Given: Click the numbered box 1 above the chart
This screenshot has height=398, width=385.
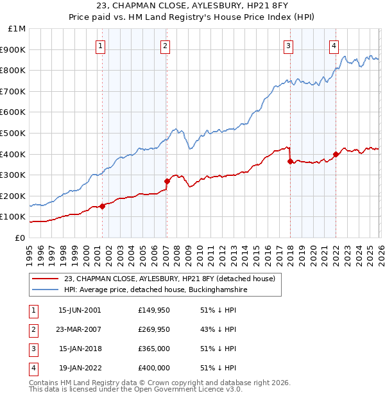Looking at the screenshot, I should (101, 46).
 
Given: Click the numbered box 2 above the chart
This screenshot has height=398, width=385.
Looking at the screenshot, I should (165, 46).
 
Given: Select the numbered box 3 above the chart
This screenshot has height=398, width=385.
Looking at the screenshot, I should (289, 46).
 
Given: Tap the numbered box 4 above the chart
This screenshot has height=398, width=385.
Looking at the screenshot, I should (334, 46).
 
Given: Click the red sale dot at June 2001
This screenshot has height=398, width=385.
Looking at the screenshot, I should (103, 206).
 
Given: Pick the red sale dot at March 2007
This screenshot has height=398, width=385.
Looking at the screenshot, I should (167, 181).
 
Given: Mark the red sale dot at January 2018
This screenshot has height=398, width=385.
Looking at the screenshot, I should (290, 161).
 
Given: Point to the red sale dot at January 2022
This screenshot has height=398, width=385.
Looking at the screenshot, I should (336, 154).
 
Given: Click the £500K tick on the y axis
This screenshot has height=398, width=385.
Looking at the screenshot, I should (13, 133).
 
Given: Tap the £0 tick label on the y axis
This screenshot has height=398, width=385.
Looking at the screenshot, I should (20, 238).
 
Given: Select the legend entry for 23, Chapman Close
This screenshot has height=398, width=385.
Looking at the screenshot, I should (169, 279).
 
